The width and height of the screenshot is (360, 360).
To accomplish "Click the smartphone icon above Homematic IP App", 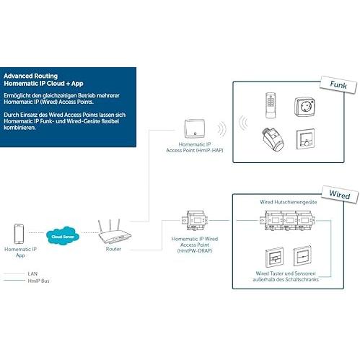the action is tap(19, 234).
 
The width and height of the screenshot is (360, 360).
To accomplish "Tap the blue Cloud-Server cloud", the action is tap(63, 236).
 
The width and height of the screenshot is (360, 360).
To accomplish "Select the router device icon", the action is tap(114, 232).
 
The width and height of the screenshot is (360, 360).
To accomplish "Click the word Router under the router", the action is tap(113, 249).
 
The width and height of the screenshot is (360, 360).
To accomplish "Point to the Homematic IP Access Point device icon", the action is tap(195, 128).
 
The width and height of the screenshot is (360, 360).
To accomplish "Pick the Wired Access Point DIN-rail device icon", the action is tap(195, 221).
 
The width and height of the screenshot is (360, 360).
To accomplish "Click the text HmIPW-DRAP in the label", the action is tap(195, 251).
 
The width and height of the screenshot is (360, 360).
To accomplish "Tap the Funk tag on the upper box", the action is tap(338, 85).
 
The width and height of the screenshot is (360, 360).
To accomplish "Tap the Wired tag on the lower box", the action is tap(340, 194).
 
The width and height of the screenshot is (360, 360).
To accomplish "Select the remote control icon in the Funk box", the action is tap(271, 105).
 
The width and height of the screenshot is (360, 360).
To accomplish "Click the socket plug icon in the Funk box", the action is tap(304, 107).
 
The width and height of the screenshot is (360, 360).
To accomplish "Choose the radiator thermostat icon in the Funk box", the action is tap(273, 139).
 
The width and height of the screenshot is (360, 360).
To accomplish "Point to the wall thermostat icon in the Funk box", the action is tap(305, 139).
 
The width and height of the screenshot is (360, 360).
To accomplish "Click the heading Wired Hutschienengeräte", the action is tap(289, 202).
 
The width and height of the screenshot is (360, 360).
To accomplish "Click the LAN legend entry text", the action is tap(32, 273).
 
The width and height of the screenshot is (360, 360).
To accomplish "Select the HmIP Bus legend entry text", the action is tap(38, 281).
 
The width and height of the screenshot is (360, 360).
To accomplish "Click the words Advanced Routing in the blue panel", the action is tap(31, 76).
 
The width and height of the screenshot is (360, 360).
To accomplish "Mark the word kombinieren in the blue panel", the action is tap(19, 128).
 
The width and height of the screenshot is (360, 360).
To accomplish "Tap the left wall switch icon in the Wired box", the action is tap(274, 257).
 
